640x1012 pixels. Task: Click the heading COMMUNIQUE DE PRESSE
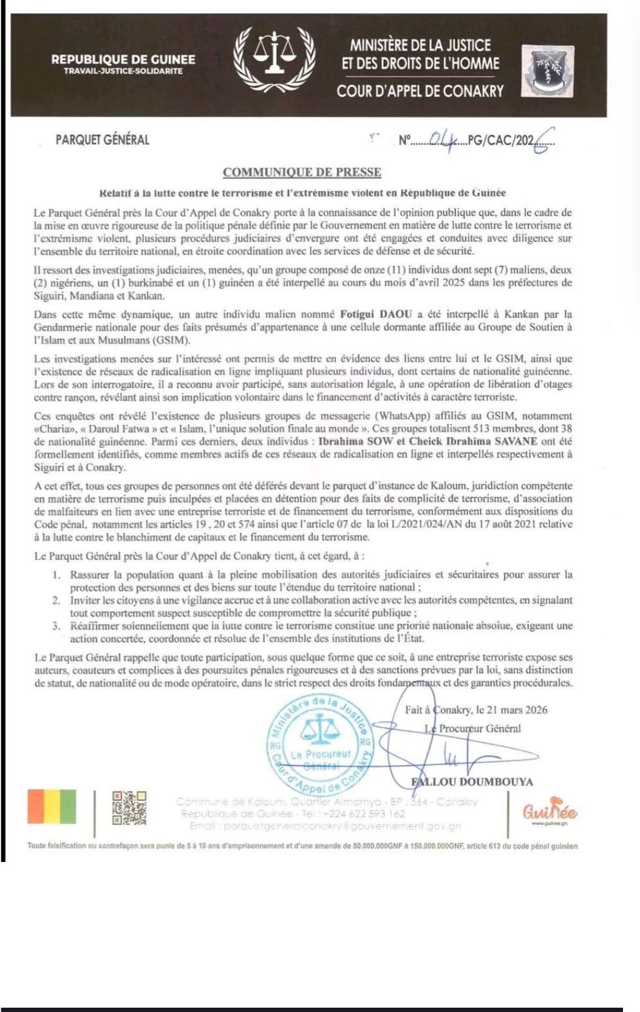[302, 172]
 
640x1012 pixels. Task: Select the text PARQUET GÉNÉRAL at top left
[102, 140]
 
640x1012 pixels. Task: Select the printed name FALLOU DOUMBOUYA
[472, 782]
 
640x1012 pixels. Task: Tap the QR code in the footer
[129, 807]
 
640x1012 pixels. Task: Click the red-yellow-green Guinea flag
[52, 806]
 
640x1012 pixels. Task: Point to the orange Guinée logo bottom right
[550, 810]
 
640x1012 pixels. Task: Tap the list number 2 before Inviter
[56, 600]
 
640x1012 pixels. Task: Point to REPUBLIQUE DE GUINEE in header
[123, 59]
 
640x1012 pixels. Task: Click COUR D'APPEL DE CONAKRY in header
[420, 92]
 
